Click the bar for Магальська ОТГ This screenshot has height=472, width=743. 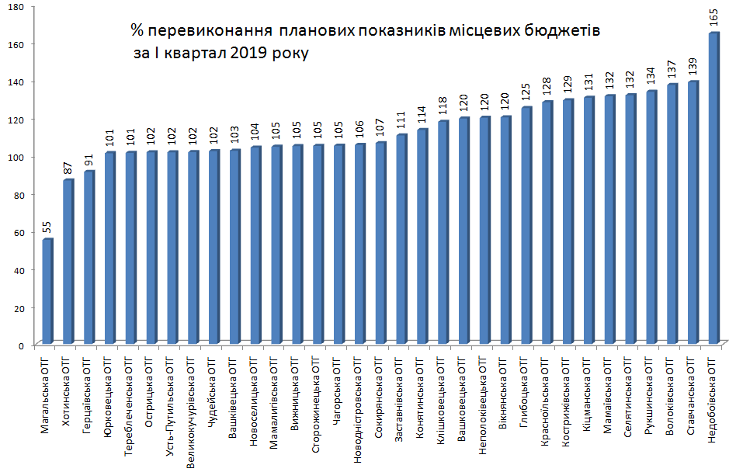click(x=47, y=291)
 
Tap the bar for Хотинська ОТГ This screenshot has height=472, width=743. click(x=68, y=261)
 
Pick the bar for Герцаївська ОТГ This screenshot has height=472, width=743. click(x=89, y=257)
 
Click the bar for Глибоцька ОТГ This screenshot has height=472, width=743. click(x=526, y=225)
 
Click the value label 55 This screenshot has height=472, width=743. click(x=47, y=227)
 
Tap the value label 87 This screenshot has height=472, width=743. click(x=68, y=167)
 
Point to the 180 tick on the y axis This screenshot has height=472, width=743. click(x=17, y=7)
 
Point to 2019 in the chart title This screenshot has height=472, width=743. click(x=245, y=54)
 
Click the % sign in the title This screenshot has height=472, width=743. click(x=137, y=31)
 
